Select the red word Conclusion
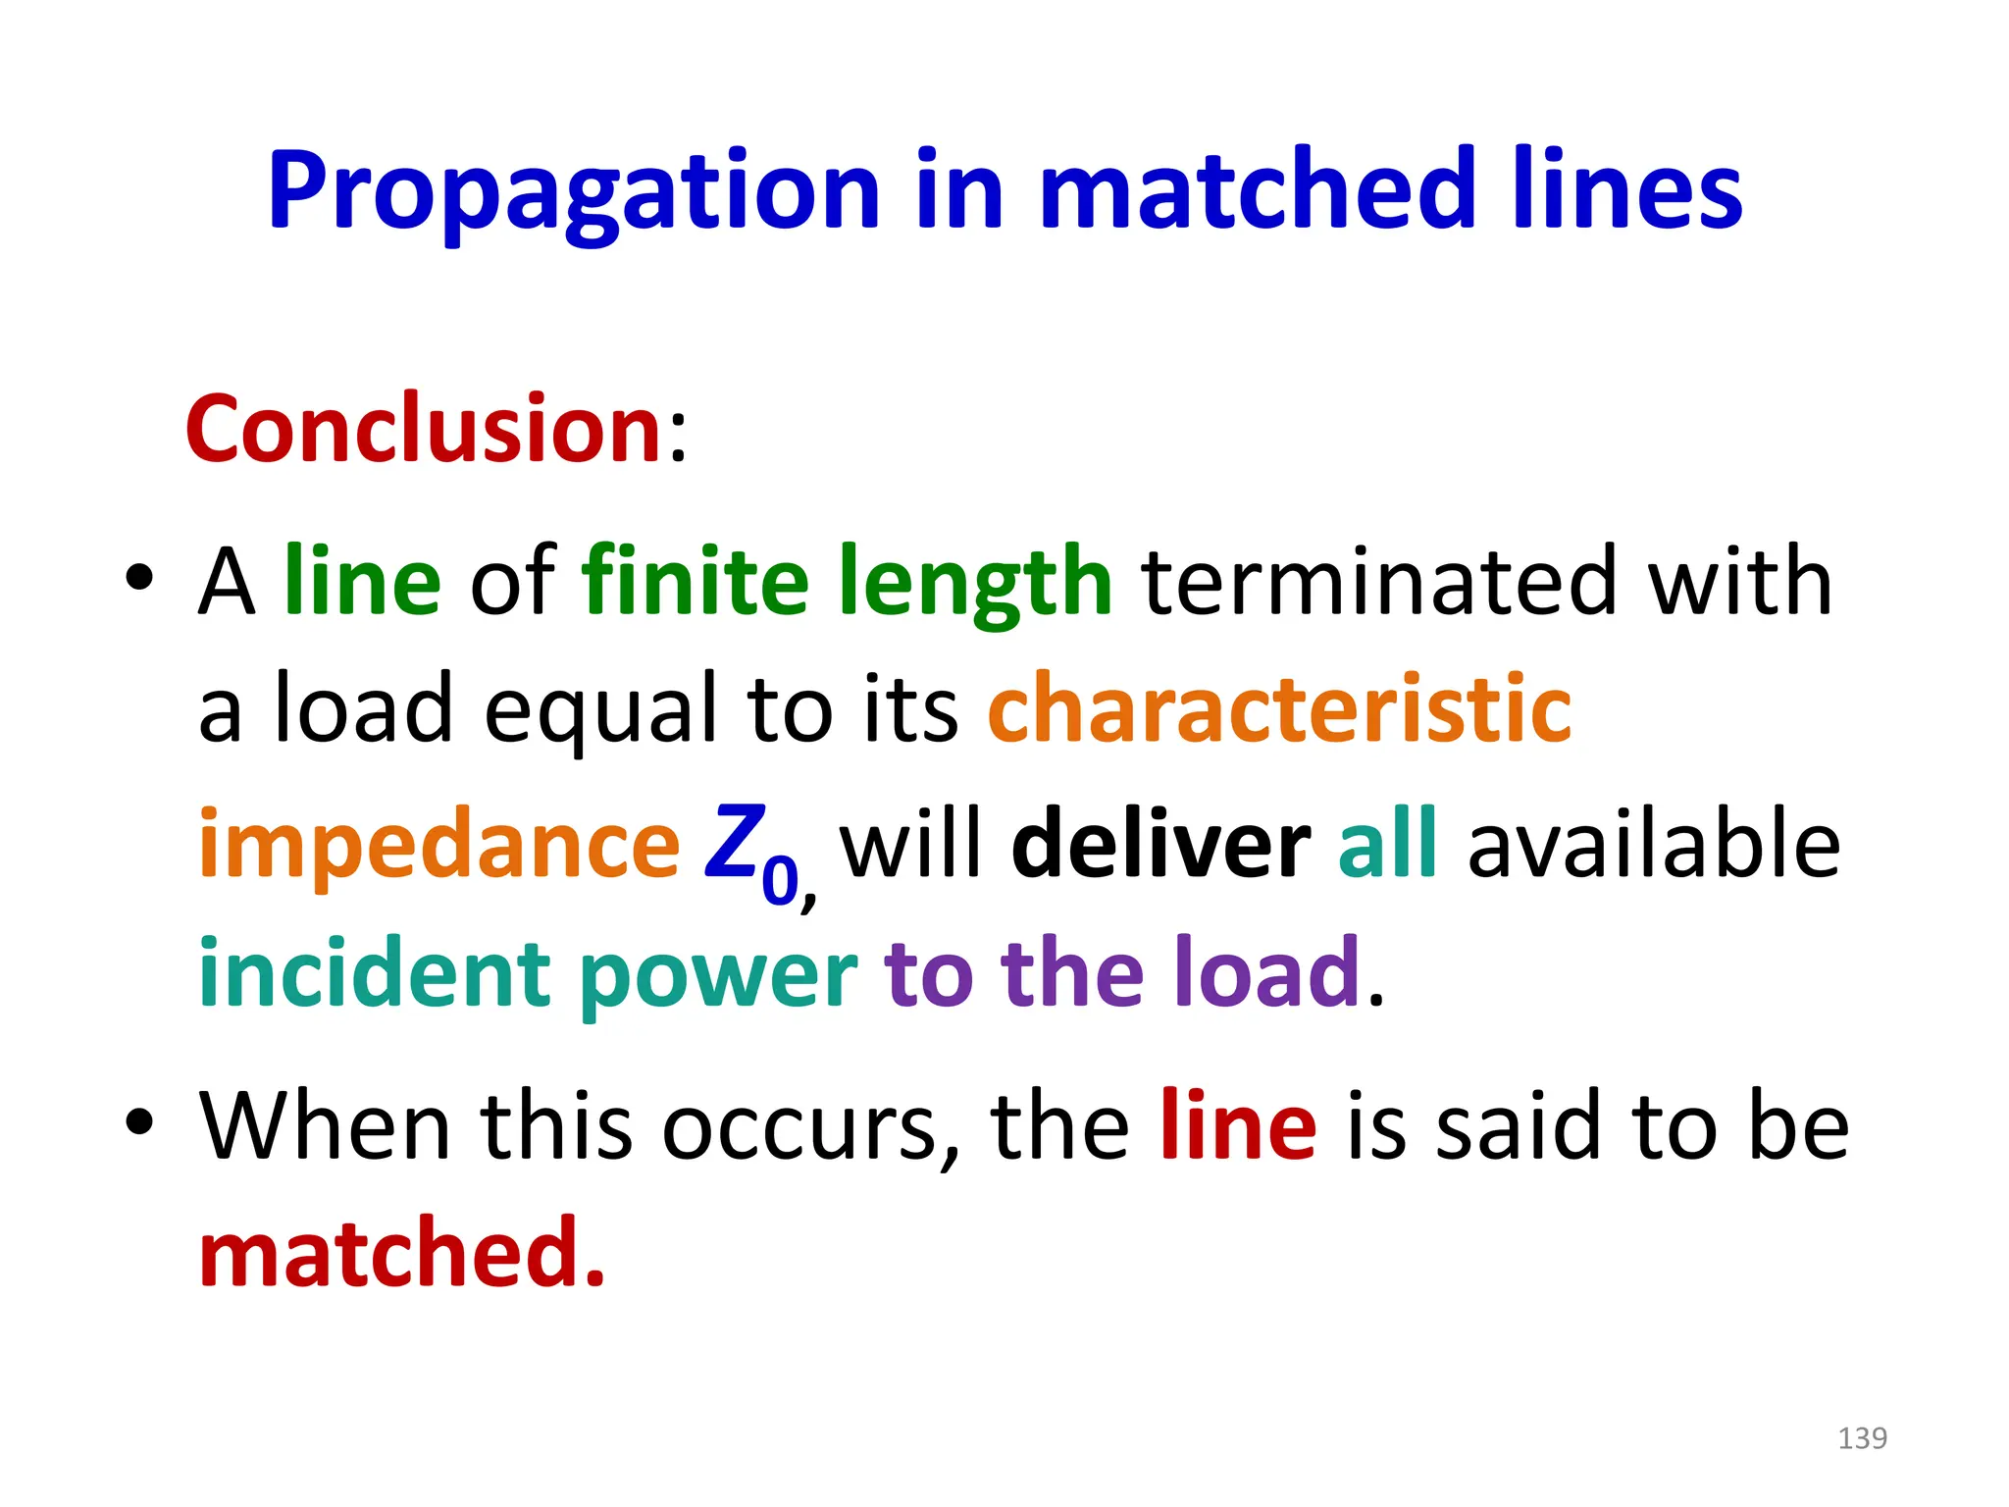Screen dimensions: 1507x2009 pyautogui.click(x=424, y=430)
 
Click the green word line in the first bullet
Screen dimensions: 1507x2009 pyautogui.click(x=362, y=581)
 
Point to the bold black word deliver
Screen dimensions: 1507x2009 pyautogui.click(x=1160, y=844)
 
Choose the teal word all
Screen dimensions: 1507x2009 pyautogui.click(x=1387, y=844)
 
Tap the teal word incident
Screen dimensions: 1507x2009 pyautogui.click(x=375, y=973)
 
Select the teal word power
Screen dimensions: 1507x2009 pyautogui.click(x=718, y=977)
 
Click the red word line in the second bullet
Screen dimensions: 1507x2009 pyautogui.click(x=1238, y=1126)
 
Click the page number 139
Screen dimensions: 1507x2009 pyautogui.click(x=1862, y=1438)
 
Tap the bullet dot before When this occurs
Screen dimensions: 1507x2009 pyautogui.click(x=140, y=1121)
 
